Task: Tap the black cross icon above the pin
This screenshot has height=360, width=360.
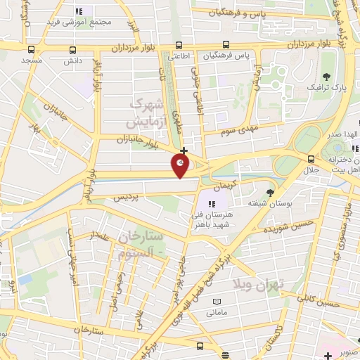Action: point(184,150)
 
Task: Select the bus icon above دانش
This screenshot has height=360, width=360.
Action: point(73,50)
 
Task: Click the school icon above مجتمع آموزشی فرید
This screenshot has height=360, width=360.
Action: point(79,12)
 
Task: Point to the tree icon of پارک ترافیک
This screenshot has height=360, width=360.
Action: point(325,77)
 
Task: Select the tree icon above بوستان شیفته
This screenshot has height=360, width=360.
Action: point(271,193)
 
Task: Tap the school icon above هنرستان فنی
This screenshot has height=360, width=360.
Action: point(212,204)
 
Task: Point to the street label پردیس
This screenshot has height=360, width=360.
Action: point(126,198)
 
